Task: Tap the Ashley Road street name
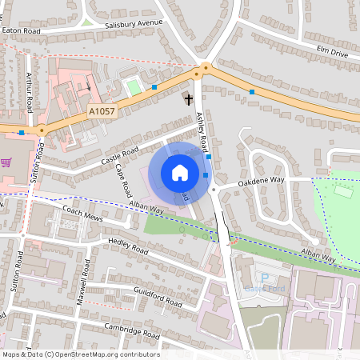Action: pos(202,132)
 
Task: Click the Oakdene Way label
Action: pos(262,182)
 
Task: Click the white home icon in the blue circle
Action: pos(180,172)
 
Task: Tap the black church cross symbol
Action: pos(189,100)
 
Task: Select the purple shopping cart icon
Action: pos(6,162)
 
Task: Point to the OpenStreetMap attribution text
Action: pos(80,354)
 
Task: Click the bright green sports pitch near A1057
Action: pos(134,86)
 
